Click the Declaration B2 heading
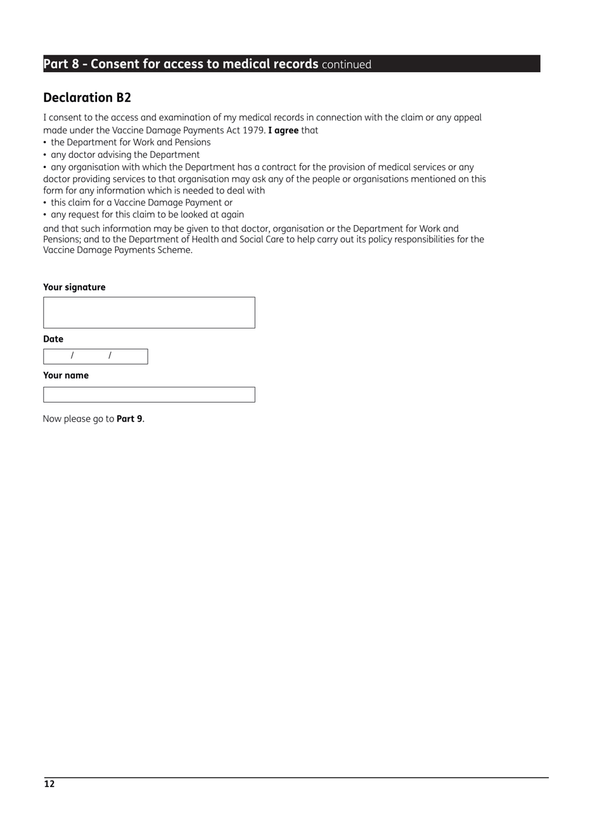point(87,98)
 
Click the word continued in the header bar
point(346,65)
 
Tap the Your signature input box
point(149,313)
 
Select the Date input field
point(95,356)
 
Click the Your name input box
point(149,394)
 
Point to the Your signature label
point(74,287)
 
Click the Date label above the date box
point(53,339)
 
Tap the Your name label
point(66,375)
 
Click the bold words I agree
point(283,131)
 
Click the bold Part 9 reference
point(129,419)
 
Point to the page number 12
point(49,784)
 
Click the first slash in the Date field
point(72,356)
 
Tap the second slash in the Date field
point(110,356)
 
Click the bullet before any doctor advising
point(45,155)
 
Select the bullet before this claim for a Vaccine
point(45,203)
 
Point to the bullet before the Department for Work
point(45,143)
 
